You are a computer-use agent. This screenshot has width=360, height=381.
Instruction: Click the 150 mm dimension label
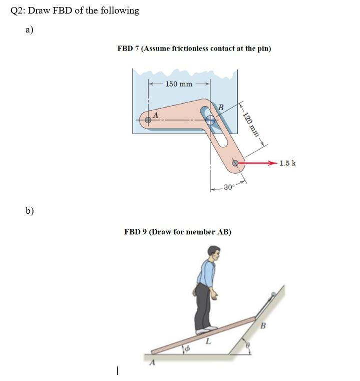(179, 84)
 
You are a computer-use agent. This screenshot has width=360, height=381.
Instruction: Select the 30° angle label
(229, 187)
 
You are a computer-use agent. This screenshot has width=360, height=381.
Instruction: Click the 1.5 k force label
(287, 163)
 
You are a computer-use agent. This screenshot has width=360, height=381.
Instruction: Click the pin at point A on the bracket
(148, 120)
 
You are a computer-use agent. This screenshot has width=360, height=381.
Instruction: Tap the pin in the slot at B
(210, 120)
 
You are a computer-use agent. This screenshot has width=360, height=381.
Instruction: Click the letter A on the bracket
(155, 114)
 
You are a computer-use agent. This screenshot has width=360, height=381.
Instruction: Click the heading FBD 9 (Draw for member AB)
(177, 232)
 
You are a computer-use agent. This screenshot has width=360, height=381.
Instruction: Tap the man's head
(214, 253)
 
